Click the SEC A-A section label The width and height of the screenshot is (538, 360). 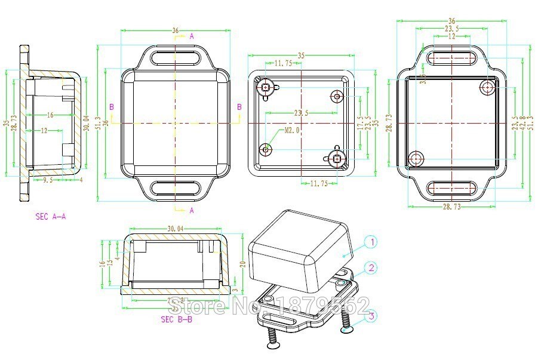pyautogui.click(x=51, y=217)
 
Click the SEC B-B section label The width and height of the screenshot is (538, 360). pyautogui.click(x=177, y=319)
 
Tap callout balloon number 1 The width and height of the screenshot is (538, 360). pyautogui.click(x=371, y=242)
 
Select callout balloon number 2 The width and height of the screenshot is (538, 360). pyautogui.click(x=371, y=268)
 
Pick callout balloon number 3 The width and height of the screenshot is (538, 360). pyautogui.click(x=371, y=316)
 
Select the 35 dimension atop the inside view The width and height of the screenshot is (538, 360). pyautogui.click(x=302, y=56)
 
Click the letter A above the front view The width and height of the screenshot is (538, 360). pyautogui.click(x=192, y=36)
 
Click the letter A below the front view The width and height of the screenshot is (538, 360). pyautogui.click(x=192, y=210)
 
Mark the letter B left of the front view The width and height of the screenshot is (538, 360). pyautogui.click(x=111, y=107)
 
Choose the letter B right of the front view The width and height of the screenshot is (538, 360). pyautogui.click(x=240, y=107)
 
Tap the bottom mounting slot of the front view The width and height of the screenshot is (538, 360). pyautogui.click(x=176, y=187)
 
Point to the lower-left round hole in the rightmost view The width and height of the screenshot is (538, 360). pyautogui.click(x=416, y=158)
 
